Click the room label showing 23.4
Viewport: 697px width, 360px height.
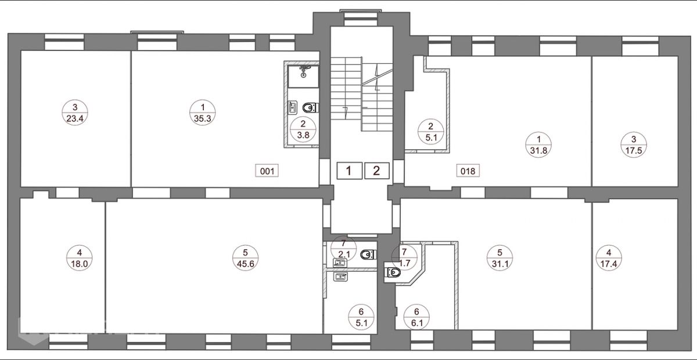click(75, 113)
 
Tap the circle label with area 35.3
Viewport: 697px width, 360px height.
click(203, 113)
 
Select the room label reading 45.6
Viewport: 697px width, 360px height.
click(246, 258)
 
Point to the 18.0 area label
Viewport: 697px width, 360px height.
click(80, 258)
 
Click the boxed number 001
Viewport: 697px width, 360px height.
click(267, 171)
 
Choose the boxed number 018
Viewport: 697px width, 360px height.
click(468, 171)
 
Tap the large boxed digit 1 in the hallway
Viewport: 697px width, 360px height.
click(350, 171)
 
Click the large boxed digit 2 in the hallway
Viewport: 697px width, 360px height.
click(377, 171)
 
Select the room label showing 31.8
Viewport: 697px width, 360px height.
click(538, 145)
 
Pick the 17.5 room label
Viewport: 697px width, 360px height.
click(634, 145)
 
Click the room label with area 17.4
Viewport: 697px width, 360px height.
click(609, 258)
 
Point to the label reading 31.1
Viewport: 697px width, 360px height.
click(500, 258)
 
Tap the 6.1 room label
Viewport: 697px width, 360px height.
click(416, 317)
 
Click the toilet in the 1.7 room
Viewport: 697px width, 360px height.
click(394, 273)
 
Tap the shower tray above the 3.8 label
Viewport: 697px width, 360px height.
click(303, 76)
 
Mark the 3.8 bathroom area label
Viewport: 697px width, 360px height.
click(303, 129)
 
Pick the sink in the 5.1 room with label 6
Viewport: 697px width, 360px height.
click(340, 276)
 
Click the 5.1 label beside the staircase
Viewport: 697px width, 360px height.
click(431, 132)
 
